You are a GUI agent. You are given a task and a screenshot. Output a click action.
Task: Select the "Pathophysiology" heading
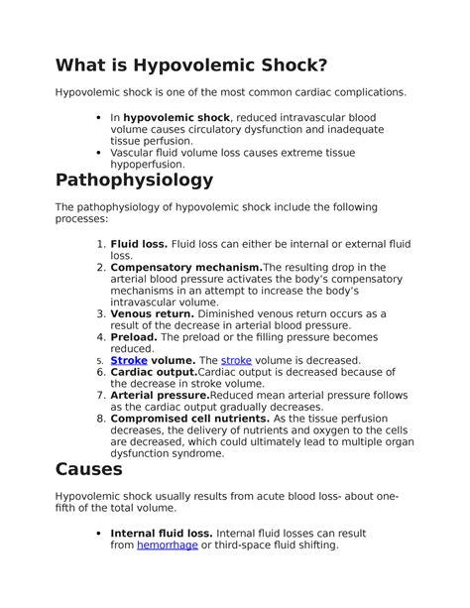pos(134,181)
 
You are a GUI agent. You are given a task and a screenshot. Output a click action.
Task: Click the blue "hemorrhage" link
pos(167,546)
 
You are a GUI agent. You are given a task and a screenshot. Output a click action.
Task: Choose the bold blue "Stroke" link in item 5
pos(129,361)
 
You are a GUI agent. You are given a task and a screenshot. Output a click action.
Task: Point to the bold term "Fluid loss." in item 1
pos(139,243)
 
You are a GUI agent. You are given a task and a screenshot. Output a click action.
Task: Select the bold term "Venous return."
pos(153,313)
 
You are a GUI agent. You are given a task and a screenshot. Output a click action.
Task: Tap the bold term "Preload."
pos(134,337)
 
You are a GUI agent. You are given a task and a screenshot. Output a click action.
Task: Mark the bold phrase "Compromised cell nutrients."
pos(189,419)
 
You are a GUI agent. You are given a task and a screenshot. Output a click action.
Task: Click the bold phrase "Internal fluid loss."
pos(161,534)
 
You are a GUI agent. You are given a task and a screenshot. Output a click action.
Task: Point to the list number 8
pos(100,419)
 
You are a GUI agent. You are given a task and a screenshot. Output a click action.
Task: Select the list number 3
pos(100,313)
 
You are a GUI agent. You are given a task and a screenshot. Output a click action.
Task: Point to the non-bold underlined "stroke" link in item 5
pos(236,361)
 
